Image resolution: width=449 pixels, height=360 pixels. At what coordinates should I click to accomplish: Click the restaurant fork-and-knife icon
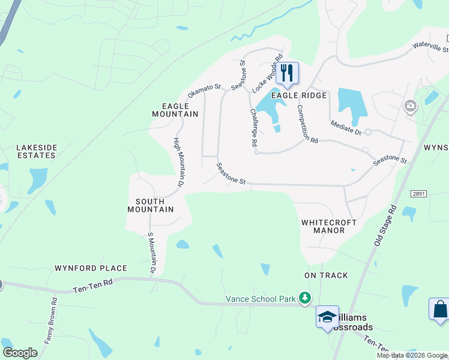[287, 73]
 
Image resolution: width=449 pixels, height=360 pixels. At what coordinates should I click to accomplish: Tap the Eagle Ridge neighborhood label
[299, 95]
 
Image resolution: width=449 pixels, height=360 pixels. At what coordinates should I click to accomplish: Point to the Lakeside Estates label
[36, 151]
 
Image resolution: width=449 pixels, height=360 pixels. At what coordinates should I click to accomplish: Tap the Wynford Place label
[91, 268]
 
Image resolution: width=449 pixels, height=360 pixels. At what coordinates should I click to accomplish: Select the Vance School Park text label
[261, 299]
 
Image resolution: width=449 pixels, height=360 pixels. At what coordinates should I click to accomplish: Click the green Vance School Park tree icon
[305, 298]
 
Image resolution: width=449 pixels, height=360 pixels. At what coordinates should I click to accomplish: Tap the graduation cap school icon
[327, 317]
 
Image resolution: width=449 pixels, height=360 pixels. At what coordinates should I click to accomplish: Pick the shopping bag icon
[440, 309]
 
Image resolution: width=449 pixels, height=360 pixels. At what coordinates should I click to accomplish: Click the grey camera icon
[411, 107]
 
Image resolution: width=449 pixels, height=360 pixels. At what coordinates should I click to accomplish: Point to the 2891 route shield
[418, 194]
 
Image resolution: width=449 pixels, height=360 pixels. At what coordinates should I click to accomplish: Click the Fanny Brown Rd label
[50, 320]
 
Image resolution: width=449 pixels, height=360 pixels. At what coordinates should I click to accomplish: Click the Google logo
[20, 353]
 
